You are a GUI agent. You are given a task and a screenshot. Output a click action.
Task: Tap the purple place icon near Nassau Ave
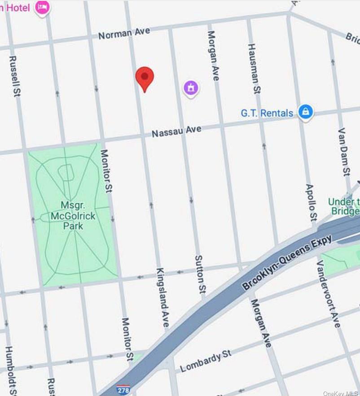coord(191,87)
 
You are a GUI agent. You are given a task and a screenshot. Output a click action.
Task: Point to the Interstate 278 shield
coord(123,389)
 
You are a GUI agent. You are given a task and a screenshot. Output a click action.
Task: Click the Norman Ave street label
coord(124,33)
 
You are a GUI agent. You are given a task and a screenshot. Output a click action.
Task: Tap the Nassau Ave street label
coord(176,131)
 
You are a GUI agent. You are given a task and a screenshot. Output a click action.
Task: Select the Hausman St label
coord(254,69)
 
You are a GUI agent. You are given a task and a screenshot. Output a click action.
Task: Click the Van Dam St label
coord(344,152)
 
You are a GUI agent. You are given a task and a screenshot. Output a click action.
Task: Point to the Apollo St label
coord(311,202)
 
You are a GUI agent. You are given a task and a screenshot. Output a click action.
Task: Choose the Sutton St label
coord(200,275)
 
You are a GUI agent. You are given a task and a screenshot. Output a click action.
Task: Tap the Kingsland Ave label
coord(162,297)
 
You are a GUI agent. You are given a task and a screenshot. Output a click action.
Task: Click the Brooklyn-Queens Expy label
coord(287,262)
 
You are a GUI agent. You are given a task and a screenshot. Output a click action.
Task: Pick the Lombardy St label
coord(206,361)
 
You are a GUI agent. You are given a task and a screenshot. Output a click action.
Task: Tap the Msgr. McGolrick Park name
coord(73,215)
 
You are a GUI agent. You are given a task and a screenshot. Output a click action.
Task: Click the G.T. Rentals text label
coord(267,113)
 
